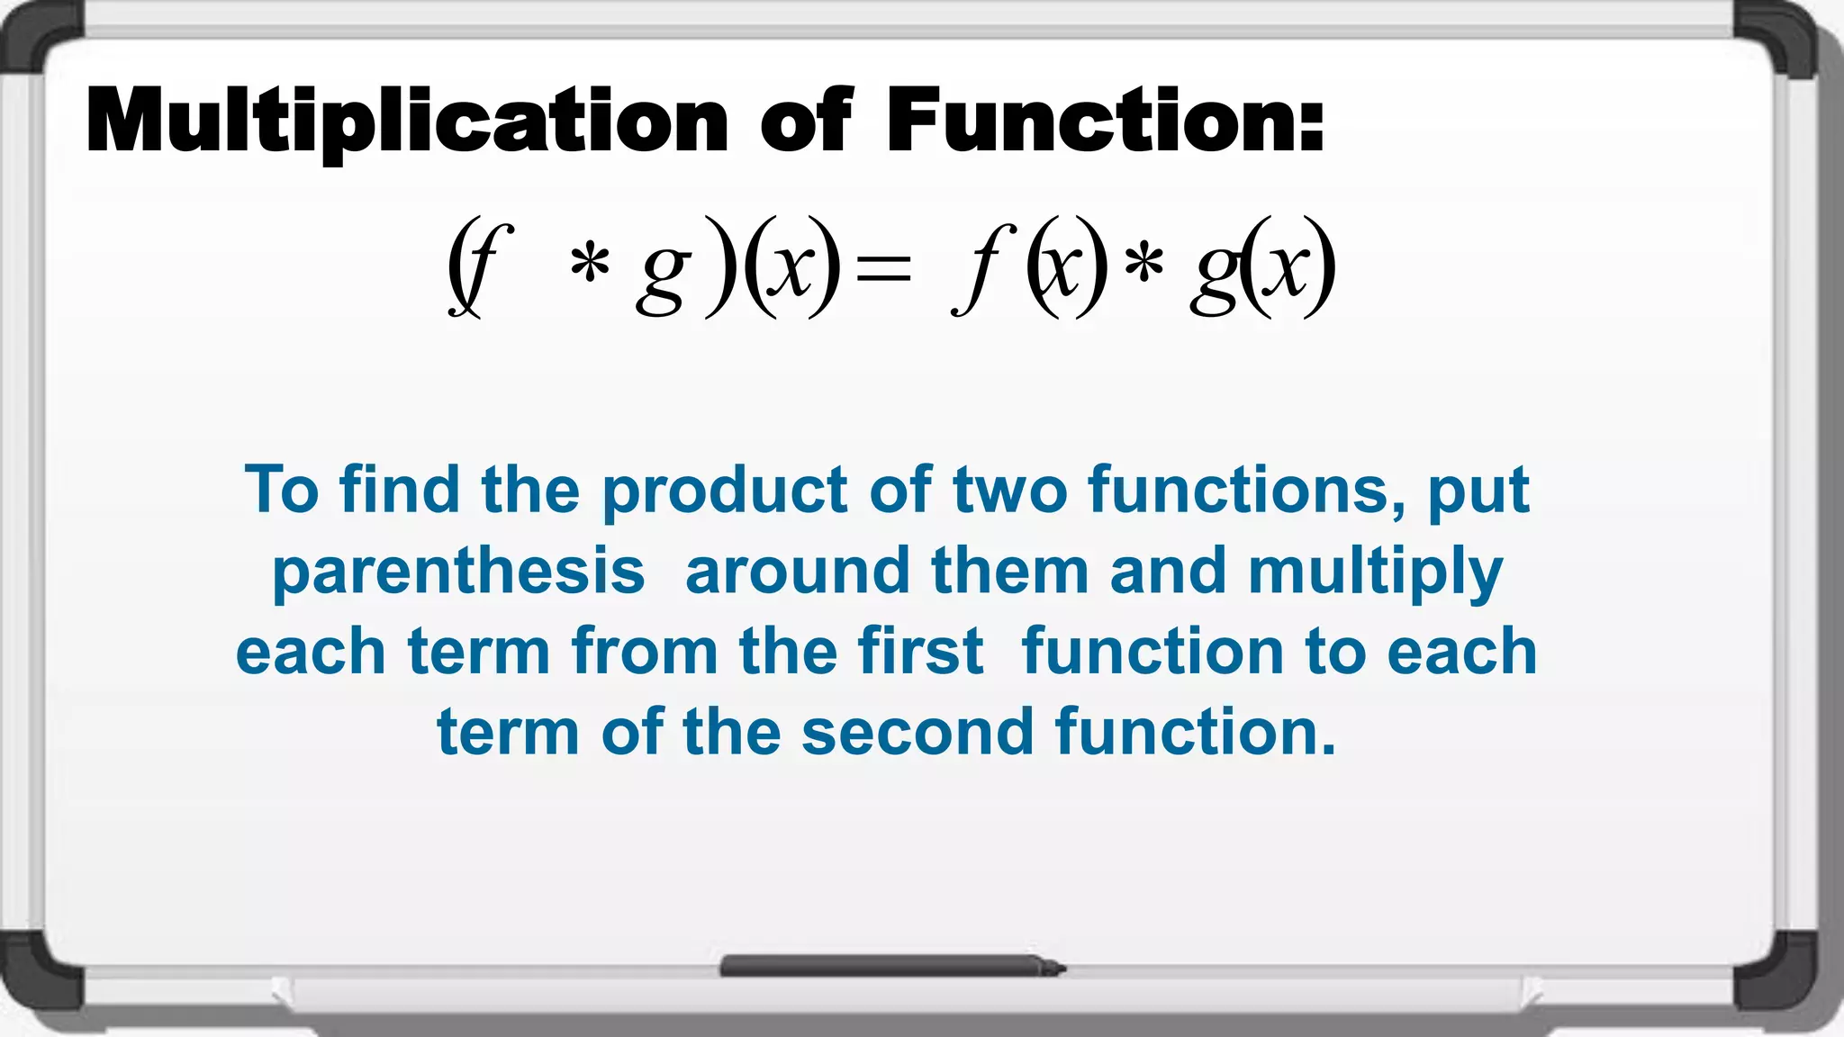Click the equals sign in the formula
pyautogui.click(x=883, y=268)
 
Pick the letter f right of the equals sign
pyautogui.click(x=983, y=268)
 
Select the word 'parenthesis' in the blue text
pyautogui.click(x=458, y=573)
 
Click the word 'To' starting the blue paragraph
pyautogui.click(x=281, y=491)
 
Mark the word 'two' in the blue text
pyautogui.click(x=1010, y=491)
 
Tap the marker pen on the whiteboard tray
pyautogui.click(x=891, y=967)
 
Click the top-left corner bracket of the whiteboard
pyautogui.click(x=41, y=41)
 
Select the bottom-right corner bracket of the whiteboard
pyautogui.click(x=1787, y=981)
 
